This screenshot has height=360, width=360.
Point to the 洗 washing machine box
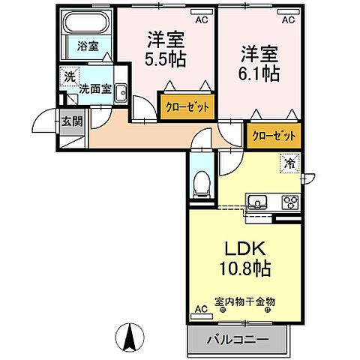pos(69,76)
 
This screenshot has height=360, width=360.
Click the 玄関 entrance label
pos(71,121)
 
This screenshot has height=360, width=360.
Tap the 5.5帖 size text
pos(166,58)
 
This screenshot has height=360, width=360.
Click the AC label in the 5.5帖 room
pos(201,21)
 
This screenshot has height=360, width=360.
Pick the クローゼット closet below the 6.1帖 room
pos(273,136)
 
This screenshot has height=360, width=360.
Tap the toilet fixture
pos(201,182)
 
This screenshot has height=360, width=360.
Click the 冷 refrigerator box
pos(289,161)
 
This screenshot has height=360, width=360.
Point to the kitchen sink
pos(256,202)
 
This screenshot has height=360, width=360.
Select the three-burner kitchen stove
pos(289,202)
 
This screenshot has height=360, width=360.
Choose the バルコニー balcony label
pos(244,339)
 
